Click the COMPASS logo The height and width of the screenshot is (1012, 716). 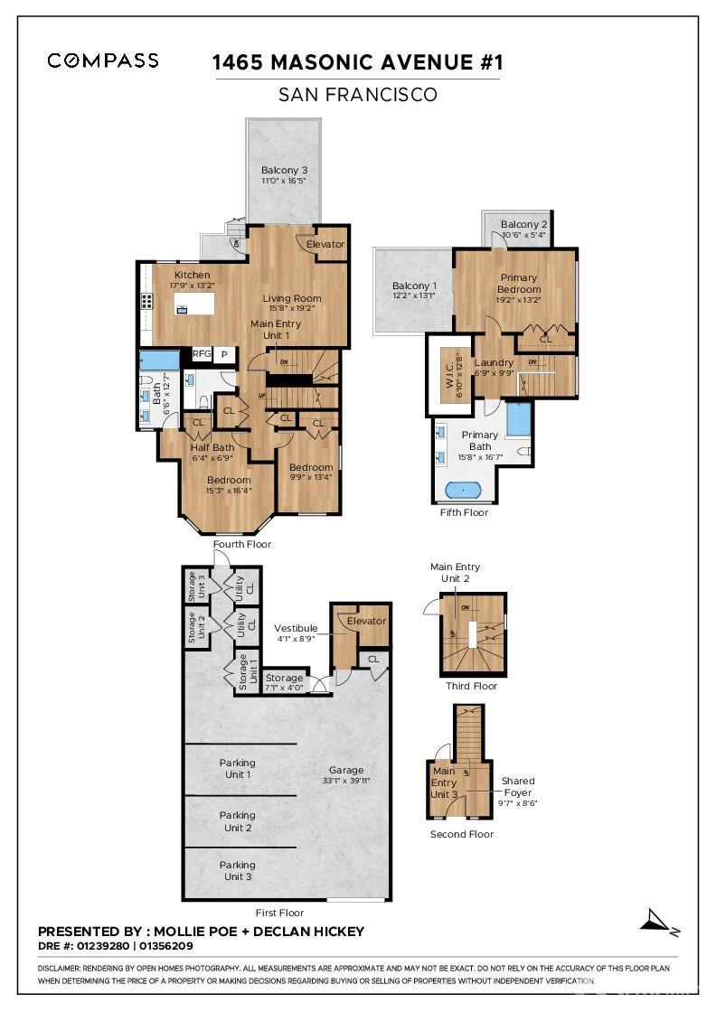[x=103, y=61]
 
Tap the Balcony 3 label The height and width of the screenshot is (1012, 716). [x=284, y=170]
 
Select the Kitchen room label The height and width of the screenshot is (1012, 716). [x=192, y=275]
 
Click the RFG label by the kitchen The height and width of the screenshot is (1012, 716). [x=201, y=354]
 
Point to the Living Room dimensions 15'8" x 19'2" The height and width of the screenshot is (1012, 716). [x=292, y=310]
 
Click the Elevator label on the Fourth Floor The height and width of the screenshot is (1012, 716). [x=325, y=244]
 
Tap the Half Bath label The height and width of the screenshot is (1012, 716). [x=212, y=447]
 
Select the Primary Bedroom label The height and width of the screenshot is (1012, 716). [x=518, y=284]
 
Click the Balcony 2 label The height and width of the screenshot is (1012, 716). [x=524, y=224]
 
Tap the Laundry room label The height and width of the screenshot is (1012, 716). [x=494, y=363]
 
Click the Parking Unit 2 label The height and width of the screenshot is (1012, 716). [x=237, y=821]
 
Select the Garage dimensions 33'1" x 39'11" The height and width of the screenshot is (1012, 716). [x=347, y=780]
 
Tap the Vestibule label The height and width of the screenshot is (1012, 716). [x=296, y=628]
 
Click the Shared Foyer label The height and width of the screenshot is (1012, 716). [x=518, y=786]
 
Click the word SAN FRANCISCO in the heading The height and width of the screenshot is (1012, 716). [x=357, y=94]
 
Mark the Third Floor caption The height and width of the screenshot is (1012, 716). [x=471, y=686]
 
